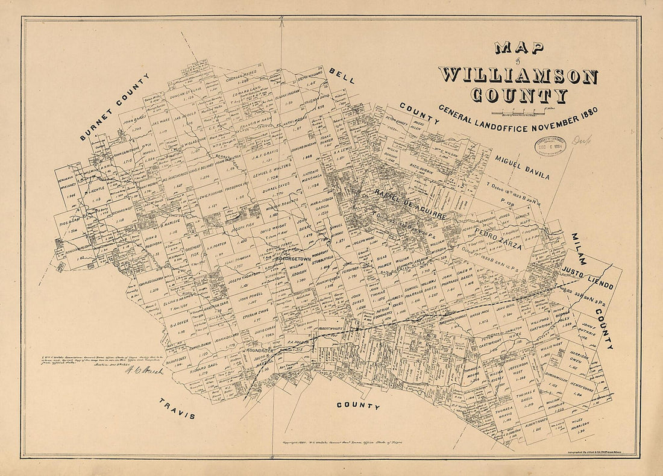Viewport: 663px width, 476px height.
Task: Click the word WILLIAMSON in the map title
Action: [518, 76]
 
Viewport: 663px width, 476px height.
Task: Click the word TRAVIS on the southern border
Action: [177, 409]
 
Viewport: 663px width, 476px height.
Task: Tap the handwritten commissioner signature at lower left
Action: [145, 371]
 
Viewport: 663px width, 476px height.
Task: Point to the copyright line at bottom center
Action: [332, 442]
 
